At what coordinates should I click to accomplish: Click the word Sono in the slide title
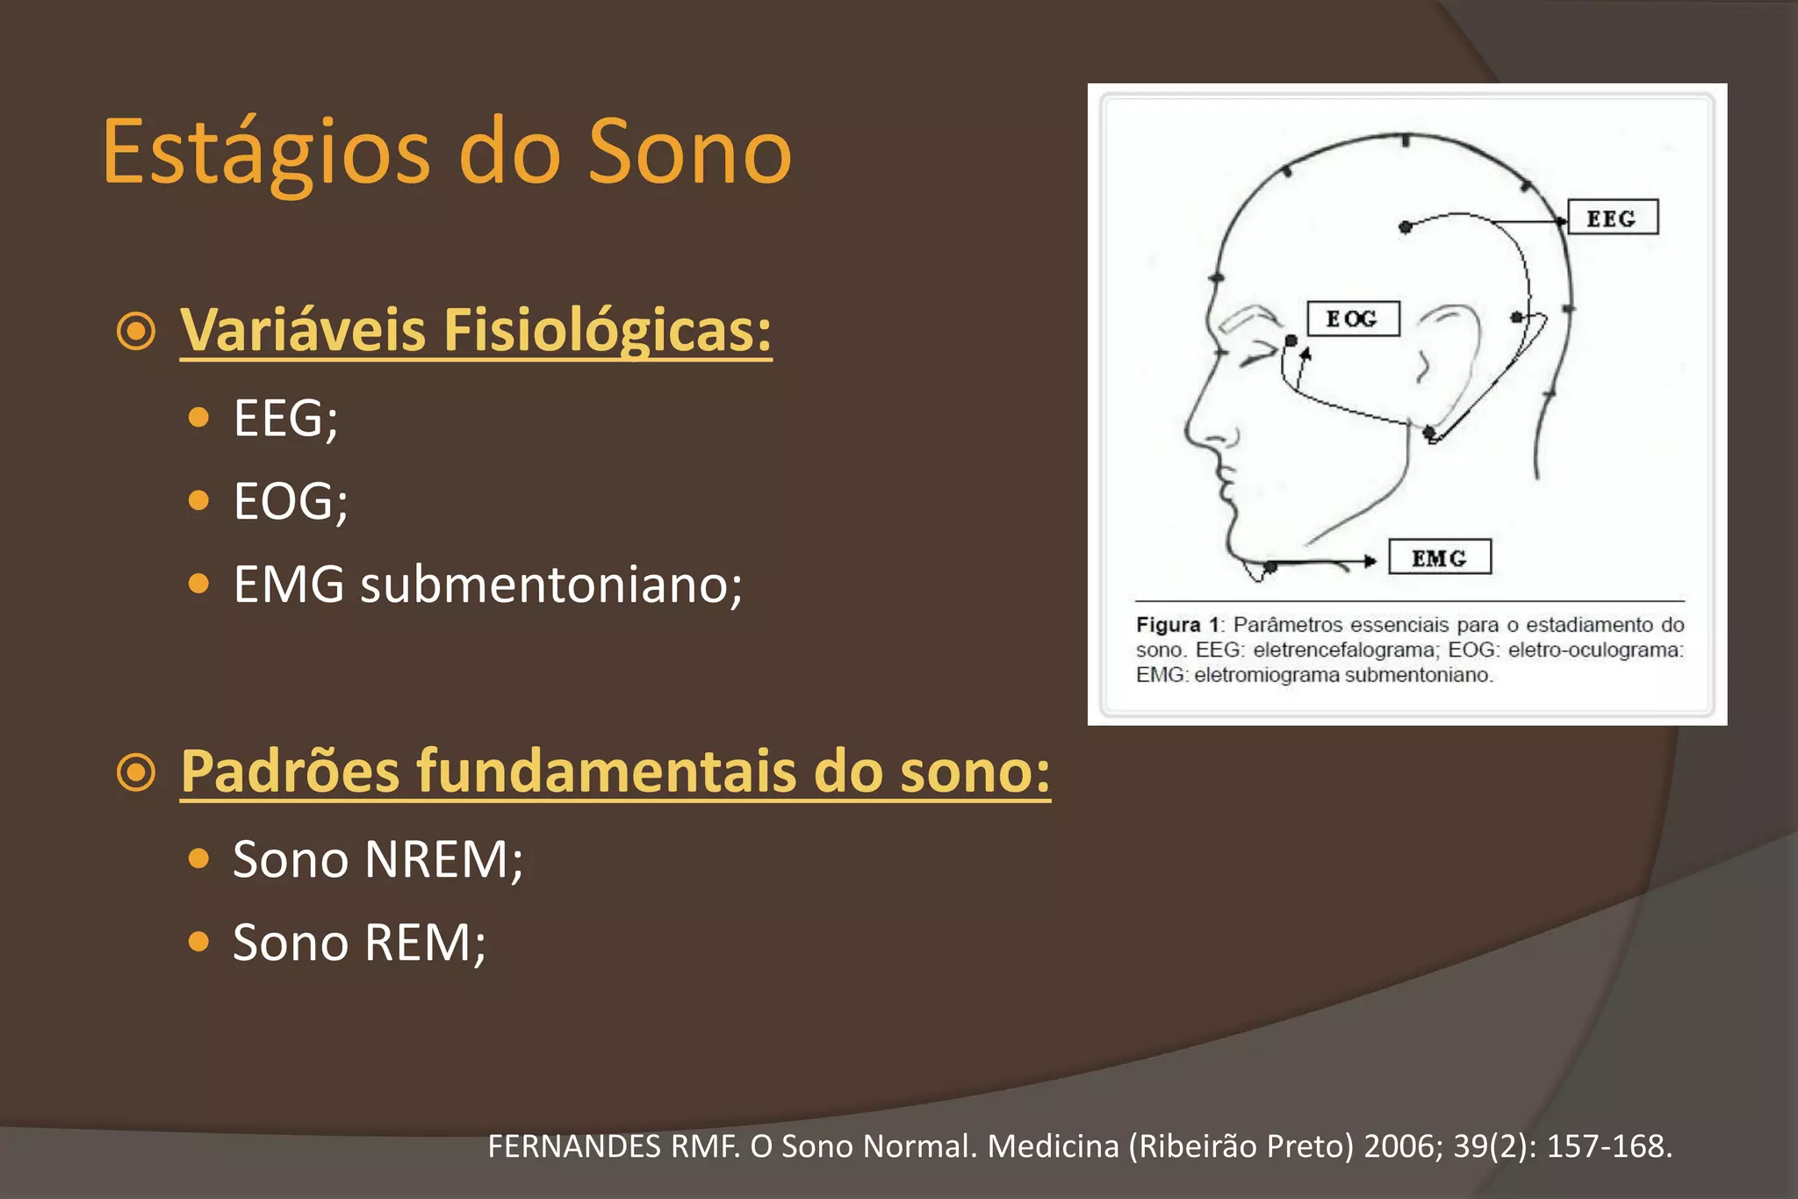click(689, 153)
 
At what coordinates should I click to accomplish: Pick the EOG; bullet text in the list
click(291, 501)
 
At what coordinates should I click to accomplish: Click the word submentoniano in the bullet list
click(551, 585)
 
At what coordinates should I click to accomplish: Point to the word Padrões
click(291, 772)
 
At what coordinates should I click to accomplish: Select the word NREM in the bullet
click(443, 859)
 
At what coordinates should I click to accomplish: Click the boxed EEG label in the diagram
click(1612, 218)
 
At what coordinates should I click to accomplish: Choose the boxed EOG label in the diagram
click(1352, 319)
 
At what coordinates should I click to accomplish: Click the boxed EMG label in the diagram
click(1439, 557)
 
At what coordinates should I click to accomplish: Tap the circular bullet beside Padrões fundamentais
click(136, 772)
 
